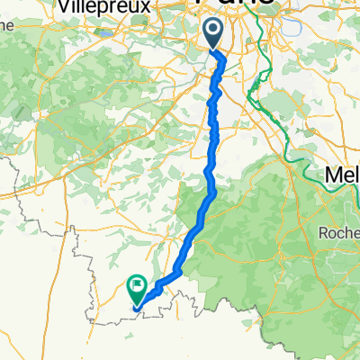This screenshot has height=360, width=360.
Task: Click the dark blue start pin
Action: pyautogui.click(x=212, y=35)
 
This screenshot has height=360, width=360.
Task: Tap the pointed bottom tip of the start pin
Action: pyautogui.click(x=212, y=50)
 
